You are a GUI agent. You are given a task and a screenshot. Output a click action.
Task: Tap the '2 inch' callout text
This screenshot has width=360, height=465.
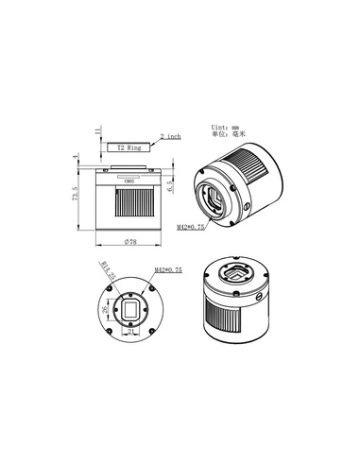point(170,136)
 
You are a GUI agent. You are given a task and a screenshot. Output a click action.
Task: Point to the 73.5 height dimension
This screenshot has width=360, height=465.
point(77,199)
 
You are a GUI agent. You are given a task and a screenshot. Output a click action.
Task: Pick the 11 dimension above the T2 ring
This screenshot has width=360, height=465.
point(96,129)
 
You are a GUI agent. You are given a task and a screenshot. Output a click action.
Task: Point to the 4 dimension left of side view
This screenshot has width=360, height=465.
point(77,159)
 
